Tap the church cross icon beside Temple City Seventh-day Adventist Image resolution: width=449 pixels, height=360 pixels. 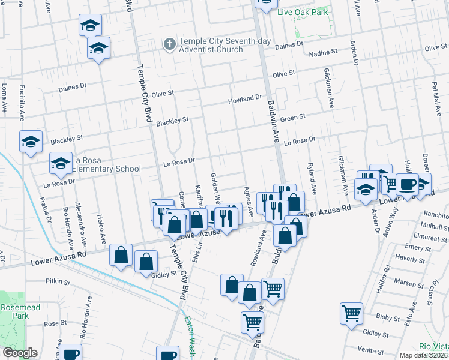tap(170, 44)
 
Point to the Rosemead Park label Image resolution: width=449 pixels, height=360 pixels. tap(14, 310)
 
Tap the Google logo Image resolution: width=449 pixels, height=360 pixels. tap(19, 353)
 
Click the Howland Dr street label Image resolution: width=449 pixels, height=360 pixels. tap(245, 98)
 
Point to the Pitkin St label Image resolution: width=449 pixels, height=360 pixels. tap(58, 280)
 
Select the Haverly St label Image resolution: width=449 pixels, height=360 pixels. tap(410, 259)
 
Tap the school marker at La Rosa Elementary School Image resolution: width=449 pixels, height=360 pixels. tap(61, 163)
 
